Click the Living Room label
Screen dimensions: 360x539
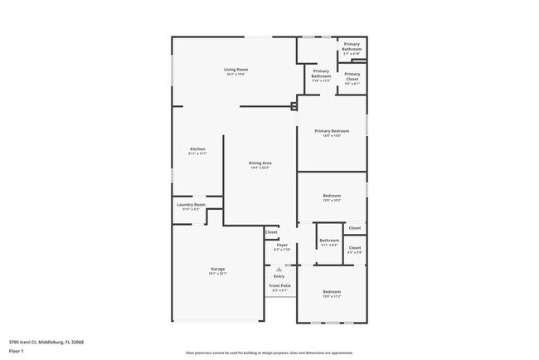tap(236, 71)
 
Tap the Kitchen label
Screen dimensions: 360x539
tap(197, 151)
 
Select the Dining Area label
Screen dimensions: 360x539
tap(260, 165)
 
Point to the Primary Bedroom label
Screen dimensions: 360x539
tap(332, 133)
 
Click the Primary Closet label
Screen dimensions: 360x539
tap(352, 78)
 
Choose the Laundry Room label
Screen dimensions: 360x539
tap(191, 207)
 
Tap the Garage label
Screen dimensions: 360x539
tap(217, 270)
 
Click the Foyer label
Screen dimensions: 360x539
tap(282, 246)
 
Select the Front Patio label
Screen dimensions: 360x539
tap(279, 287)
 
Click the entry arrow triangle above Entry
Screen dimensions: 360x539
tap(279, 270)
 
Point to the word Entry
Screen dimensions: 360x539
tap(279, 276)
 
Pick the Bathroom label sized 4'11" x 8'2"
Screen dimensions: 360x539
tap(329, 242)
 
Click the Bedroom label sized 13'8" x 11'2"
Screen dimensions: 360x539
tap(332, 294)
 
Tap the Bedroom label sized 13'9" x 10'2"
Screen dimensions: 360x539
tap(332, 197)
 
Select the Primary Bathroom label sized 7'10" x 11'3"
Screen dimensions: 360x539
tap(321, 75)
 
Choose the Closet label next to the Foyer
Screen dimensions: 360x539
tap(271, 232)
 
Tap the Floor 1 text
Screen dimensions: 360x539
tap(17, 351)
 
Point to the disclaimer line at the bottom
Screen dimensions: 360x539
tap(269, 352)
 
